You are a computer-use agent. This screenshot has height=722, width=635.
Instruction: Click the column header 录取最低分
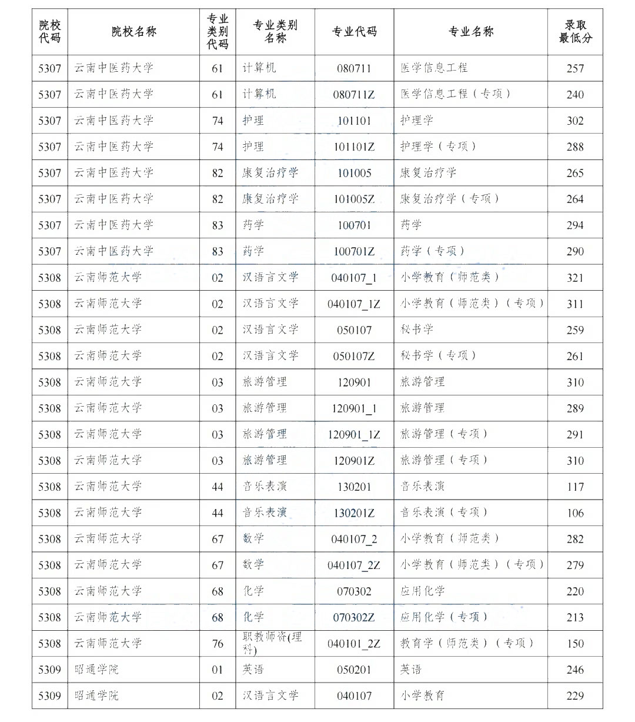click(575, 32)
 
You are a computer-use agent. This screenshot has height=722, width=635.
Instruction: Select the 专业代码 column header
click(354, 32)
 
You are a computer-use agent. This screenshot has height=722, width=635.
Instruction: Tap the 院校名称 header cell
click(133, 32)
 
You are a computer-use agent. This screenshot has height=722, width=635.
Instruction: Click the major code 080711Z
click(354, 94)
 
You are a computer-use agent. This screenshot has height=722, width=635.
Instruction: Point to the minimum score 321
click(575, 278)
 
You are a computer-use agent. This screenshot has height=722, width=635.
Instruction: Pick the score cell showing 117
click(575, 487)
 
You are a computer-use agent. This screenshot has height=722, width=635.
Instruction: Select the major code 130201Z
click(354, 513)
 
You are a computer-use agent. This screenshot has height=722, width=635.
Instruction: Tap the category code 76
click(218, 643)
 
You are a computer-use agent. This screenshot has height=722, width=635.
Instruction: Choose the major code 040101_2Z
click(354, 644)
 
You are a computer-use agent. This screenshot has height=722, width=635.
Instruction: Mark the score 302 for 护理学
click(575, 121)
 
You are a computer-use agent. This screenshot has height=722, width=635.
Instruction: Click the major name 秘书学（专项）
click(438, 355)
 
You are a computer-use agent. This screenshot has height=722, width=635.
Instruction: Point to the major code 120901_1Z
click(354, 435)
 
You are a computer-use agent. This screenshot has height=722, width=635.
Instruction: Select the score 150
click(575, 644)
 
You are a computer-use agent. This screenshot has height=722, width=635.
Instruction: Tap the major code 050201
click(354, 670)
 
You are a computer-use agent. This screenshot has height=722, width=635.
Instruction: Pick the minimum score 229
click(575, 696)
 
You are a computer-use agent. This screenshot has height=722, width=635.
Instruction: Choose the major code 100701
click(354, 225)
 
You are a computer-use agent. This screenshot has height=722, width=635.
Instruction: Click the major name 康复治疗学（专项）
click(450, 199)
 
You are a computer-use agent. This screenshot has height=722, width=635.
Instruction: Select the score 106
click(575, 513)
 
